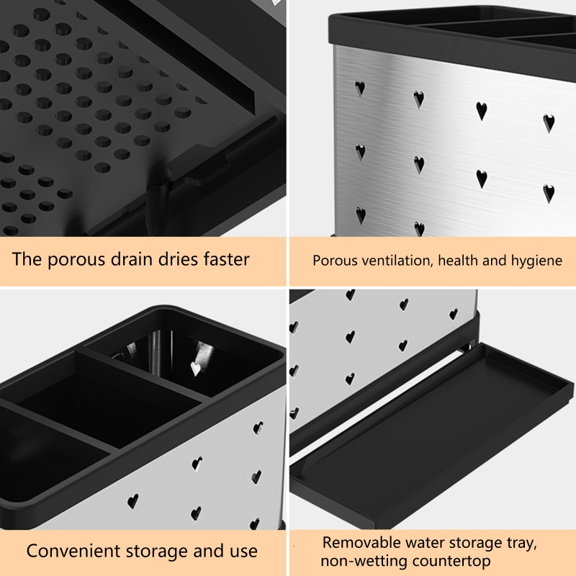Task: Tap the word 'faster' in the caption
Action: (227, 258)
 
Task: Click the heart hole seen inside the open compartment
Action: (195, 369)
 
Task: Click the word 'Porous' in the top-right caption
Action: (336, 261)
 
